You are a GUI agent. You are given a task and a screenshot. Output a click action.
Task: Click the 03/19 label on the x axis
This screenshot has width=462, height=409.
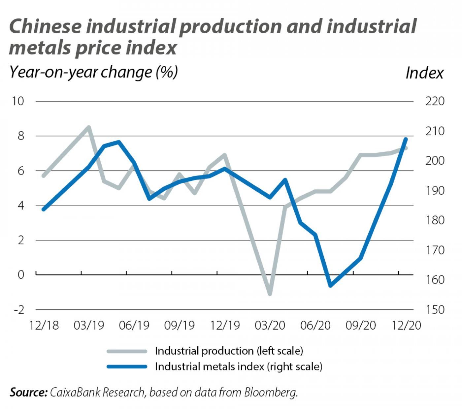coord(89,326)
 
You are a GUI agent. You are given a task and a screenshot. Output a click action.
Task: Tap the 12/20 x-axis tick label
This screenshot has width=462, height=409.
coord(406,326)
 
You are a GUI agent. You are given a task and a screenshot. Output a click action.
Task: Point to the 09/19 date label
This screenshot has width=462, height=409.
coord(180,326)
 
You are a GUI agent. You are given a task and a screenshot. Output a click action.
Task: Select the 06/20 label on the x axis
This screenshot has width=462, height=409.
coord(315,326)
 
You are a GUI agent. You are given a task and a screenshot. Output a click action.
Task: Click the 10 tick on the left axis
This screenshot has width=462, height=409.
coord(18,101)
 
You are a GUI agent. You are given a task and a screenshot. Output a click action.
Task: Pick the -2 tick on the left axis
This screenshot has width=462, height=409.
coord(18,310)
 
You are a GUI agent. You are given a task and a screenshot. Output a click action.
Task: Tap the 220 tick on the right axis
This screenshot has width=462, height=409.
coord(435,101)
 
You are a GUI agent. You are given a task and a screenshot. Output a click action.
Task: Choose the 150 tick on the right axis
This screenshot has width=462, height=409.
coord(435,310)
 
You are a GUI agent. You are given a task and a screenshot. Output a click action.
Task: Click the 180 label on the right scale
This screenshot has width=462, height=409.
coord(435,220)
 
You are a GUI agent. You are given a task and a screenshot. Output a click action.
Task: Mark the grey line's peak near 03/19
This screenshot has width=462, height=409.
coord(88,127)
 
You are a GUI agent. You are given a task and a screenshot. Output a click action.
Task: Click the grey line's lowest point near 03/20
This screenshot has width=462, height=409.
coord(270,293)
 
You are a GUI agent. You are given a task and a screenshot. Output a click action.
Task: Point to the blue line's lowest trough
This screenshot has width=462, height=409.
coord(330,285)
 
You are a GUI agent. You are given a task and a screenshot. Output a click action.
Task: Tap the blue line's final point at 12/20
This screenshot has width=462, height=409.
coord(406,139)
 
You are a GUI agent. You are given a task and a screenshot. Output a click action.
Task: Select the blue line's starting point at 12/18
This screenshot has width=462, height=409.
coord(44,209)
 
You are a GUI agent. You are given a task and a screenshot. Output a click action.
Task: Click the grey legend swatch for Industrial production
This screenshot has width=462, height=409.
coord(127,351)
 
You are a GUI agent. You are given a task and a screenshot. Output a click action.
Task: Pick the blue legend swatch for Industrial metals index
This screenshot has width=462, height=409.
coord(127,367)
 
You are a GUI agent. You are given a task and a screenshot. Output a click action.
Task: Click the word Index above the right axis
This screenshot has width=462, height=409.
coord(424,73)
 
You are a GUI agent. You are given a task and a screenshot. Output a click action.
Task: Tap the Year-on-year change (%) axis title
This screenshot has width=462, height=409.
coord(94,72)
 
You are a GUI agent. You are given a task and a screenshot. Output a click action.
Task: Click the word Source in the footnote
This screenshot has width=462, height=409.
coord(28,392)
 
